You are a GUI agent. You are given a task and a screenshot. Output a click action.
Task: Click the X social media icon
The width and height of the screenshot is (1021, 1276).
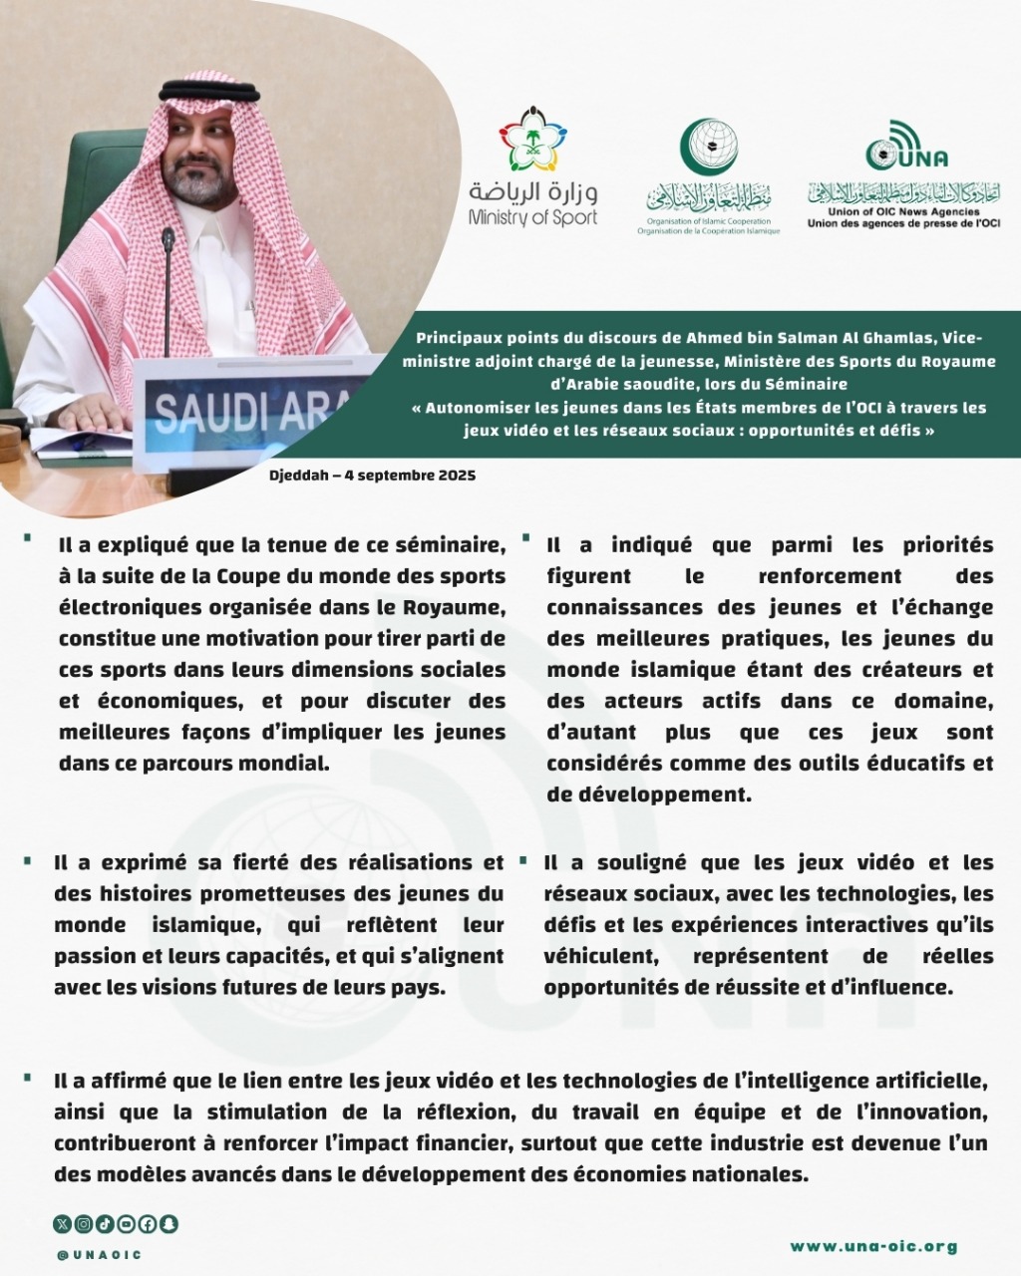click(x=61, y=1223)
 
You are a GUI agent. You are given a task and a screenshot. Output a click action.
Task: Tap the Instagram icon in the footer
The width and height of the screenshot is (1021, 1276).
click(x=83, y=1223)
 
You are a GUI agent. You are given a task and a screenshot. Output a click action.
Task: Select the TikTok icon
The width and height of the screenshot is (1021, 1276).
click(x=105, y=1223)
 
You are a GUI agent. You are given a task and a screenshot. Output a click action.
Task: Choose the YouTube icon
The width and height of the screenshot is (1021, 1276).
click(x=126, y=1223)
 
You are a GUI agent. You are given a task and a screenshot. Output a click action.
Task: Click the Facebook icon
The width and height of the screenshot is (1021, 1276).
click(x=148, y=1223)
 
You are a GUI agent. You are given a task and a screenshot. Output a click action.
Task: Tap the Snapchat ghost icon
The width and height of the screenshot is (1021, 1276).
click(x=170, y=1223)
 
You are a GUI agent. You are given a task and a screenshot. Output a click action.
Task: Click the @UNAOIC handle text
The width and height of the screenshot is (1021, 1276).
click(x=99, y=1254)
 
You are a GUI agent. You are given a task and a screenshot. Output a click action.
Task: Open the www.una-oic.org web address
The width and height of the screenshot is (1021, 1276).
click(x=873, y=1246)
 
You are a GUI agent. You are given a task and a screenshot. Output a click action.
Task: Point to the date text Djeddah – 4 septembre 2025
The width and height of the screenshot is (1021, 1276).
click(x=372, y=476)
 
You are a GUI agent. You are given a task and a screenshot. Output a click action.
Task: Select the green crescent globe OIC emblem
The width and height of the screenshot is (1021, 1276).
click(x=708, y=147)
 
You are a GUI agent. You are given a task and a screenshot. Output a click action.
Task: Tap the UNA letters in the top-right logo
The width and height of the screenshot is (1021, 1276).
click(x=922, y=157)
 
